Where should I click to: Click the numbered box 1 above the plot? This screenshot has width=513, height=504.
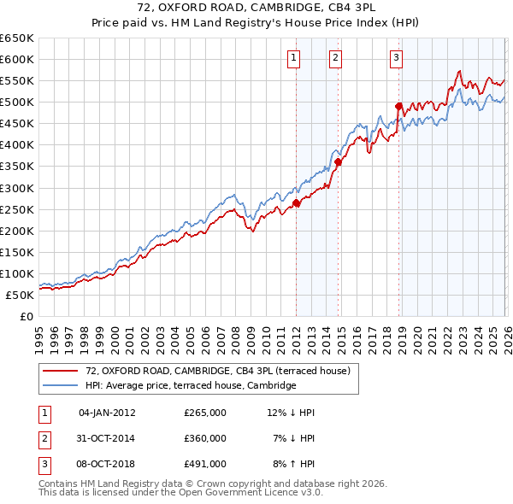coord(293,58)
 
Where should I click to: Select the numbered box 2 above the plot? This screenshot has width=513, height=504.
coord(334,58)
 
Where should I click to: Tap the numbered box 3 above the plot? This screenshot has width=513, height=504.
coord(397,58)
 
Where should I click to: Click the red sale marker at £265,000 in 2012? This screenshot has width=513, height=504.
coord(297,203)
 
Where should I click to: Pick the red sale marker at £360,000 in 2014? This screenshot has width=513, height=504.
coord(339,161)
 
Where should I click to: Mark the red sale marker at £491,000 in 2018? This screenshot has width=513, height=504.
coord(398,106)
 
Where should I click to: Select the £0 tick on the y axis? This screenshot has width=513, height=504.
coord(26,316)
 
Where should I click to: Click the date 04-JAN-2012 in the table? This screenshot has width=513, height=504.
coord(107,413)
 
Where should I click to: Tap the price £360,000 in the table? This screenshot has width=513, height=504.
coord(204,438)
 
